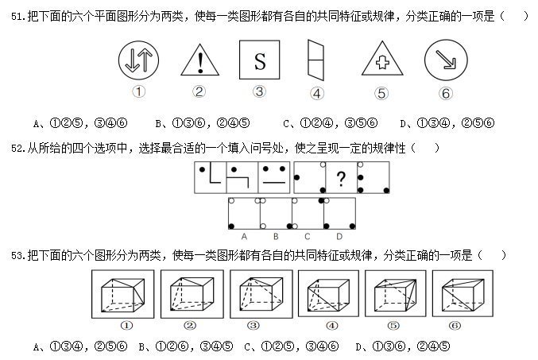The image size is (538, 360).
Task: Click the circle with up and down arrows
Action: coord(138,60)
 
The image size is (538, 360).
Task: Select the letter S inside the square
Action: coord(258,60)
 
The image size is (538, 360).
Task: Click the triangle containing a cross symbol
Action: coord(381,64)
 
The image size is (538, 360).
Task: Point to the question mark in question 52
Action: coord(340,179)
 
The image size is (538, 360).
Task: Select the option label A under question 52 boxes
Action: coord(243,236)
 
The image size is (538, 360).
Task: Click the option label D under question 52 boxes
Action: coord(339,236)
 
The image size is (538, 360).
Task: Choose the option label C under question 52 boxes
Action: coord(307,236)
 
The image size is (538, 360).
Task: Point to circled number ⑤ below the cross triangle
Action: coord(381,93)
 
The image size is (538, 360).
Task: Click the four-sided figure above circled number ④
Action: coord(315,60)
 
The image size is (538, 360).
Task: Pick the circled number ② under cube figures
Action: coord(189,325)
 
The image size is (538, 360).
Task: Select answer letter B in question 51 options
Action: coord(160,123)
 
